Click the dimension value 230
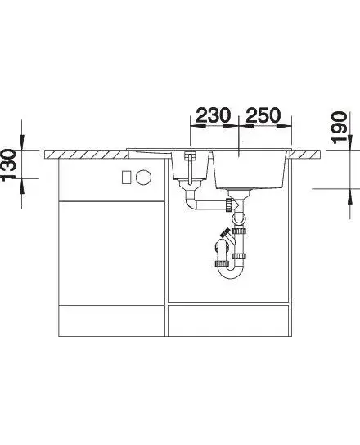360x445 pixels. point(213,115)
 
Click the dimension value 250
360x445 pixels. point(263,115)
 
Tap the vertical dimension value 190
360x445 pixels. point(340,128)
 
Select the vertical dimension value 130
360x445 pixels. point(9,164)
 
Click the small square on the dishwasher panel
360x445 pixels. point(126,178)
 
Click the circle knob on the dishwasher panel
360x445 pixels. point(143,178)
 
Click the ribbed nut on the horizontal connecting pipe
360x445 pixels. point(228,205)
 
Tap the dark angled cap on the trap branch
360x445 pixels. point(225,233)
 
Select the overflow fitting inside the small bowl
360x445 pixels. point(190,156)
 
